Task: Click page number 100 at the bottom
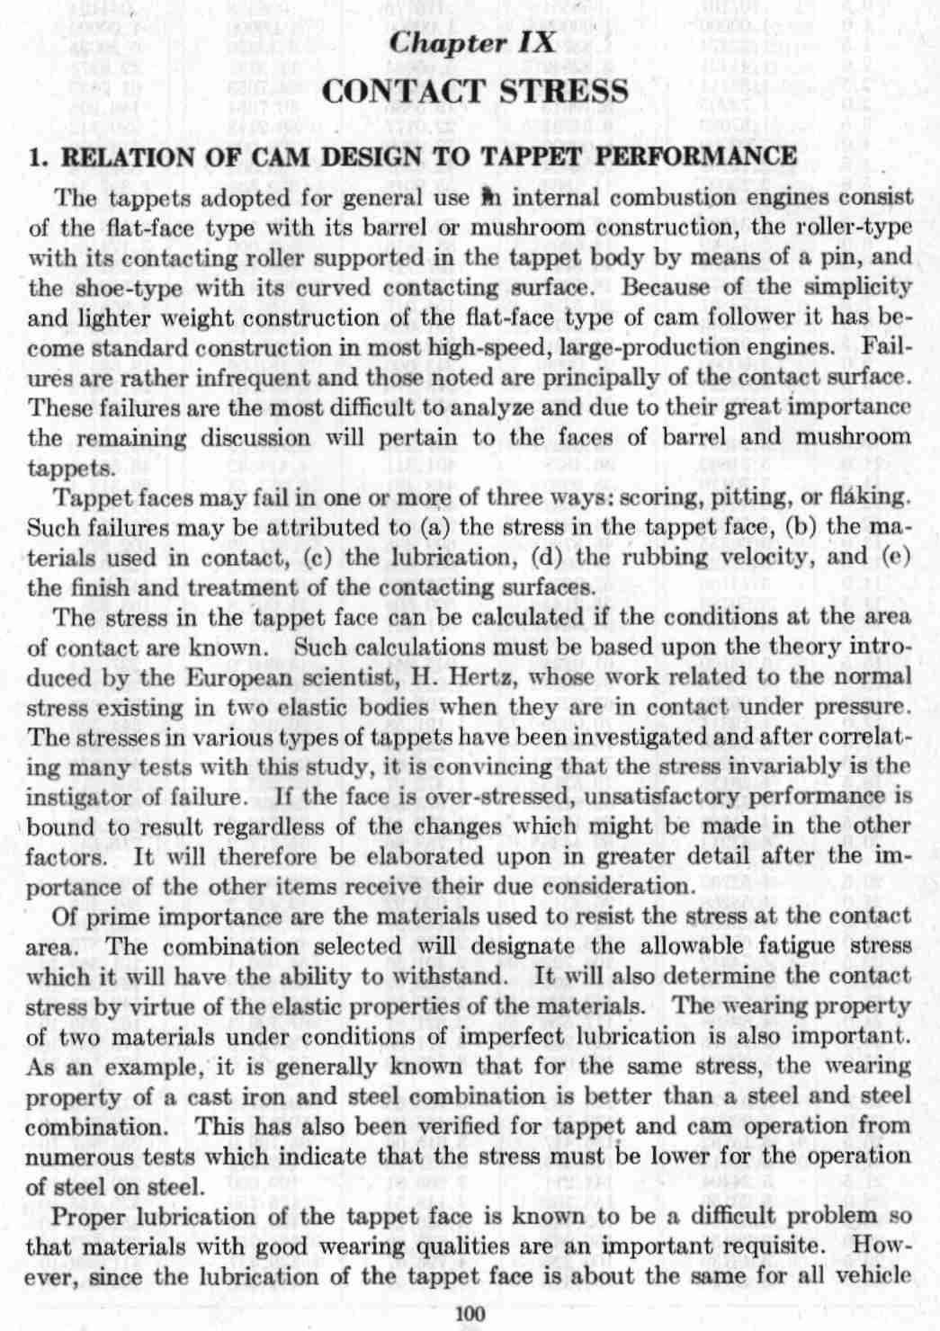(x=470, y=1314)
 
